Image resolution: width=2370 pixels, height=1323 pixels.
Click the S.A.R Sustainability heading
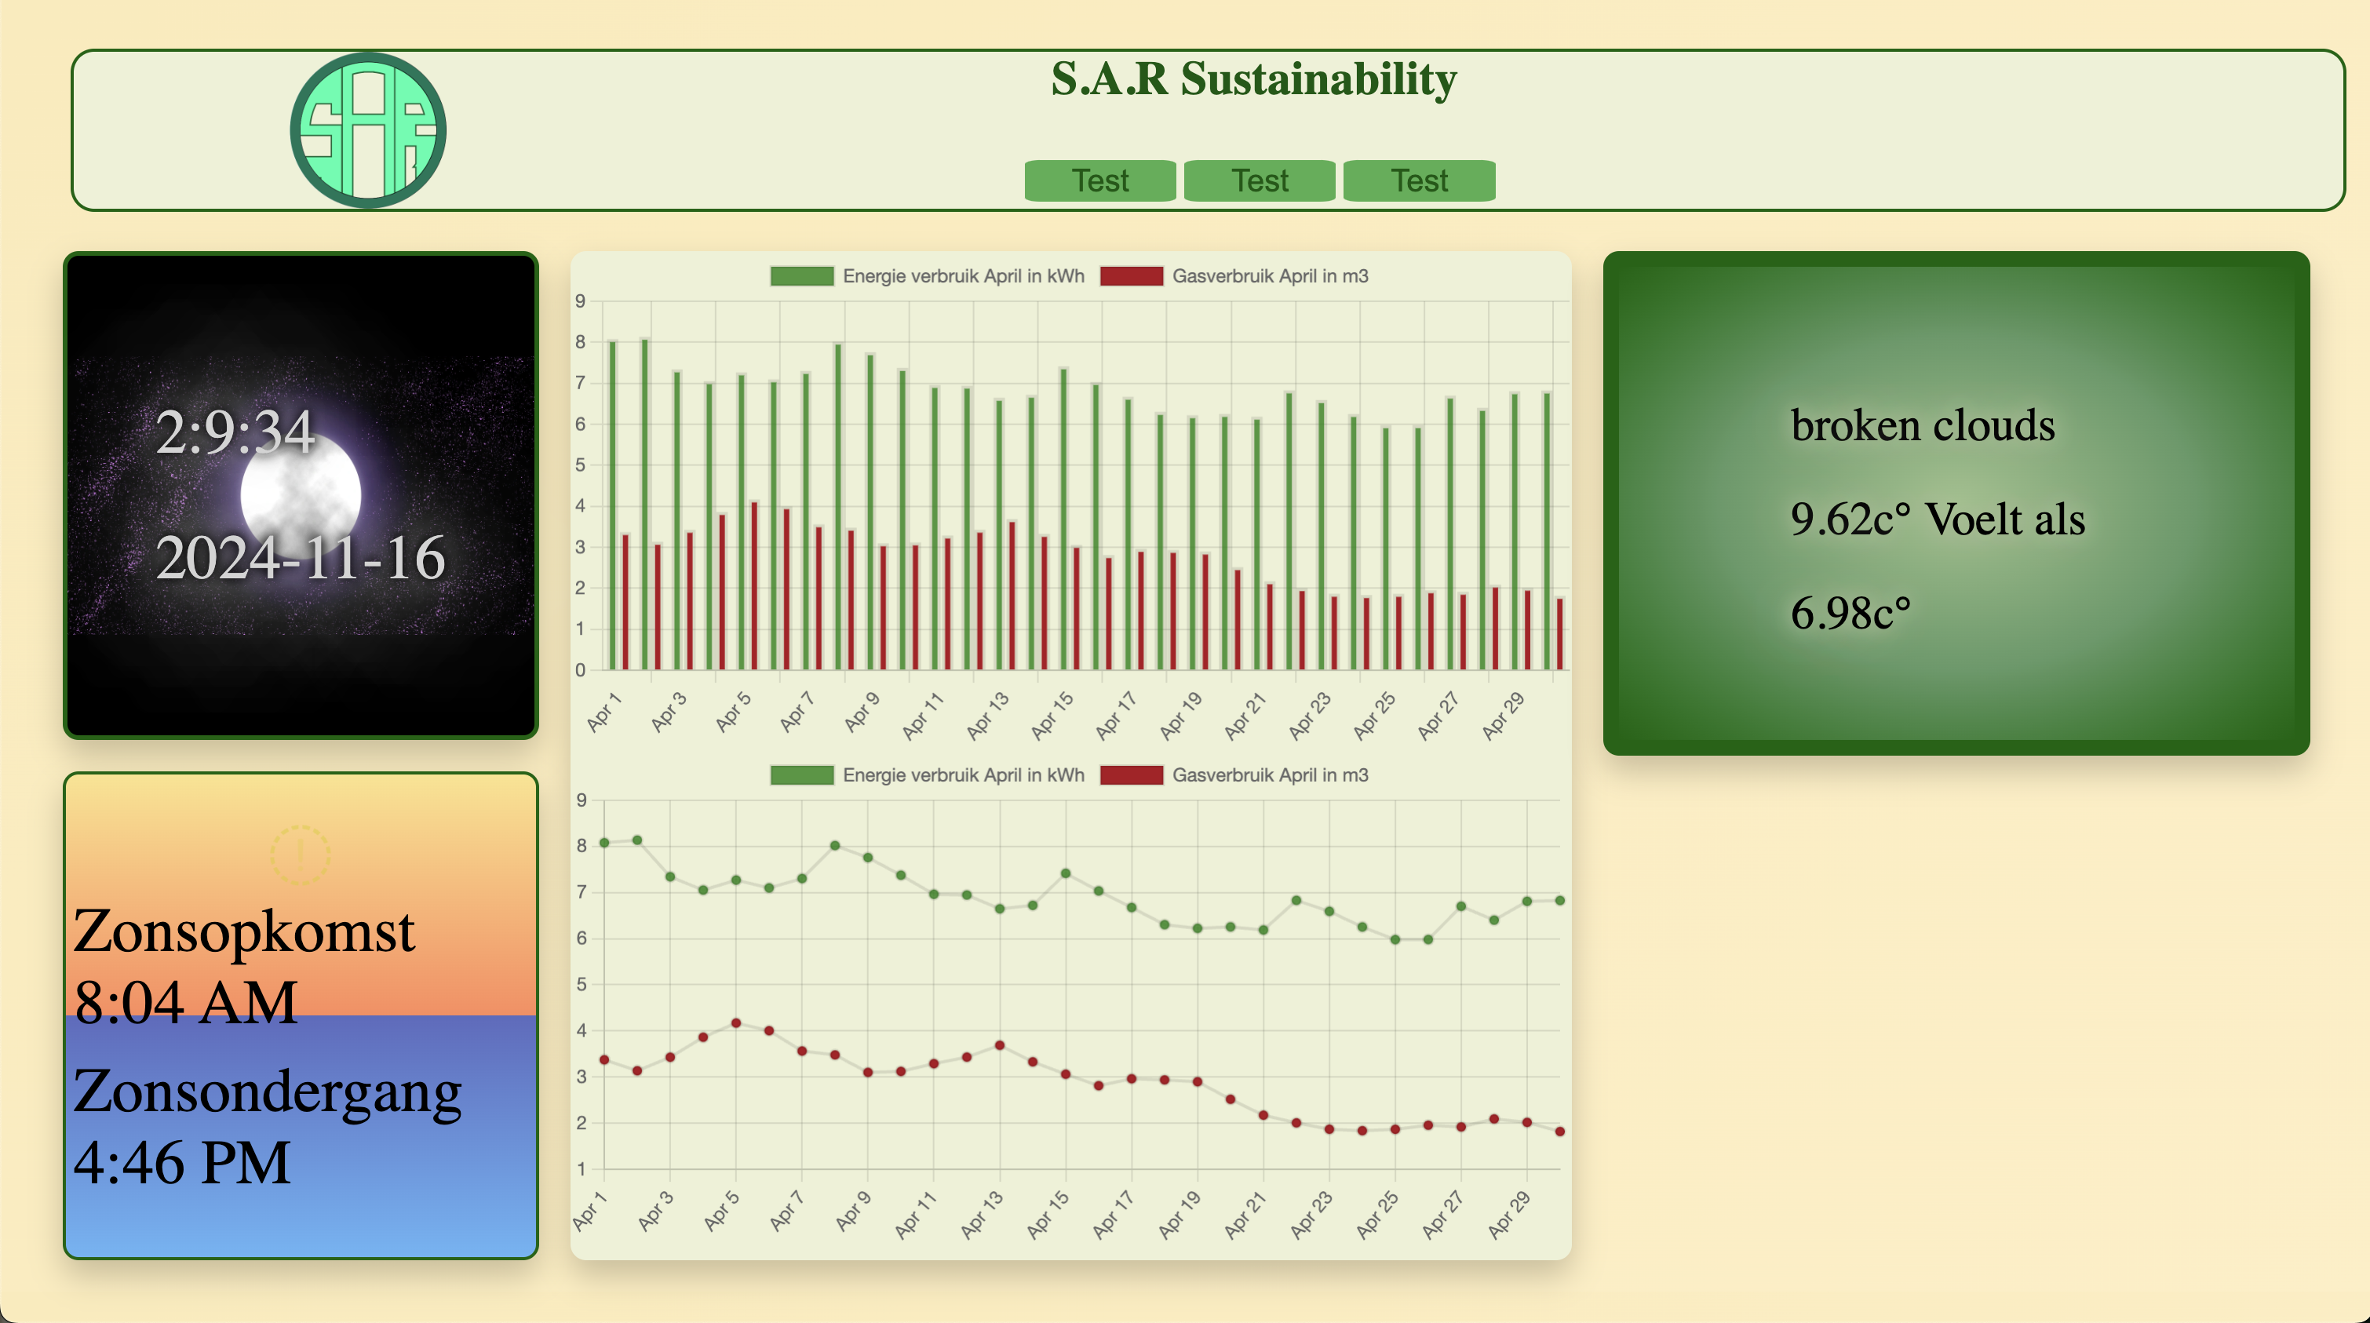tap(1253, 79)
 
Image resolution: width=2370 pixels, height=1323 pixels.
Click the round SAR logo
tap(368, 129)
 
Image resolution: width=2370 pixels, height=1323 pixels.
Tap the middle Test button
tap(1259, 180)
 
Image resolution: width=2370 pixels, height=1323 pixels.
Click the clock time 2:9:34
tap(235, 432)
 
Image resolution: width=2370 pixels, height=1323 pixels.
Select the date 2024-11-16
tap(300, 558)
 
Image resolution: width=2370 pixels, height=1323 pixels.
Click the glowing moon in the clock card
tap(301, 494)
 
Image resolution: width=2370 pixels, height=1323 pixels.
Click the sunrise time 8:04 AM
tap(185, 1001)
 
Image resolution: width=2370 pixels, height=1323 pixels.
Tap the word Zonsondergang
tap(267, 1092)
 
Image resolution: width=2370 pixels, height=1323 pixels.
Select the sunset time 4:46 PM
tap(181, 1162)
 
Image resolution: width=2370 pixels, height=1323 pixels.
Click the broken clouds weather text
tap(1922, 425)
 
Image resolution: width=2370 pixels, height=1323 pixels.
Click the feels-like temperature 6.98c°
tap(1850, 613)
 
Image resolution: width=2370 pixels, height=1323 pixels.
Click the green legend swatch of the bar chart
tap(801, 276)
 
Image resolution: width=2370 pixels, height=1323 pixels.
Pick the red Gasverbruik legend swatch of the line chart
tap(1131, 774)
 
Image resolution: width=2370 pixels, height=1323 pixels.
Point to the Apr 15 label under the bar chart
tap(1052, 715)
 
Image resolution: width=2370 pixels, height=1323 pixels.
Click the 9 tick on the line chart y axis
tap(581, 800)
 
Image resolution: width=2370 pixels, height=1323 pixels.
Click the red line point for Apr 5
tap(736, 1023)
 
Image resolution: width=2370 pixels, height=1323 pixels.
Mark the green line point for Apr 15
tap(1066, 873)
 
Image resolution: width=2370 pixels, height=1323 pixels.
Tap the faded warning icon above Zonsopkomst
tap(300, 855)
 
